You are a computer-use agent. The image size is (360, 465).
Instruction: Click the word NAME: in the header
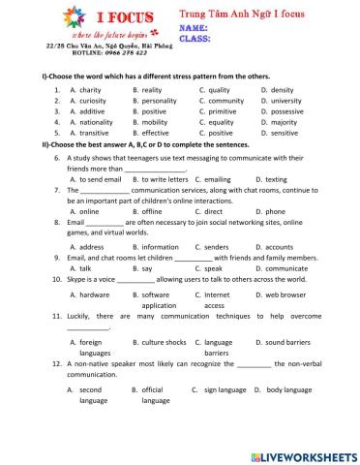[x=195, y=30]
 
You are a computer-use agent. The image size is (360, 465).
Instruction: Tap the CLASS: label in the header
[x=195, y=40]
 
